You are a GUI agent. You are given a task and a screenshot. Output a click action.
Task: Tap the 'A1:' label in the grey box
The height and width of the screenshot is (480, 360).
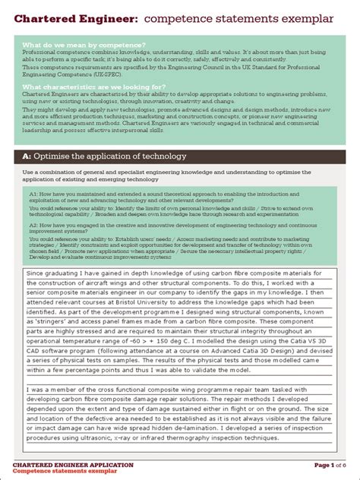(34, 194)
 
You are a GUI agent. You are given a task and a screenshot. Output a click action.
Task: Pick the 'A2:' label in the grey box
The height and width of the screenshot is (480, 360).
(34, 226)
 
